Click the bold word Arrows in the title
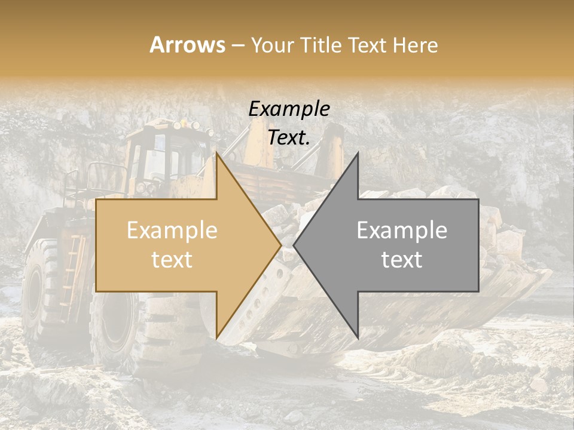coord(187,45)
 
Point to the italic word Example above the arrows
coord(289,109)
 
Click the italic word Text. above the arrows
coord(289,138)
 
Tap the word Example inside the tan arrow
coord(172,231)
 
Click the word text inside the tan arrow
coord(172,260)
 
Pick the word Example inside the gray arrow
coord(402,231)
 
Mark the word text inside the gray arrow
coord(402,260)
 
